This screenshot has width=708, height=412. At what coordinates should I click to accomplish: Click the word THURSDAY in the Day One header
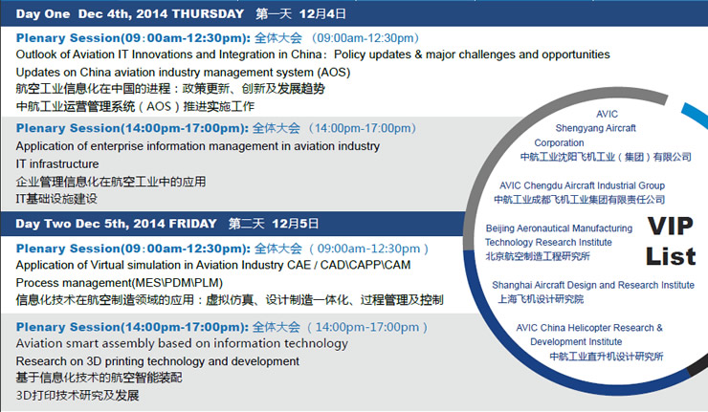[x=209, y=14]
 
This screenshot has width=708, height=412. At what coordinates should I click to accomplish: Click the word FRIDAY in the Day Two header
[x=193, y=224]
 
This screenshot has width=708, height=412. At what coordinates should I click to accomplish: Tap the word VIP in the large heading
[x=670, y=227]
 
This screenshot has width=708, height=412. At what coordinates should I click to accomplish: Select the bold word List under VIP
[x=671, y=256]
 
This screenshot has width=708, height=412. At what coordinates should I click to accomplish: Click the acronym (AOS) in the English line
[x=334, y=73]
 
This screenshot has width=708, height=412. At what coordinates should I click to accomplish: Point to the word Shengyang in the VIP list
[x=576, y=128]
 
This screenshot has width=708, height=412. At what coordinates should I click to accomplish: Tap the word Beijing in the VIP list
[x=499, y=228]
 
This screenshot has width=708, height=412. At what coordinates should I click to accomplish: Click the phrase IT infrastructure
[x=57, y=163]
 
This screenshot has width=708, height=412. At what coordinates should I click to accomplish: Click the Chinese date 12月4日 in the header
[x=322, y=14]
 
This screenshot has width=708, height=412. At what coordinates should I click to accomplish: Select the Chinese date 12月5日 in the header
[x=295, y=224]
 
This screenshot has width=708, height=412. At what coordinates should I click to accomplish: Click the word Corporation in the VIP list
[x=559, y=143]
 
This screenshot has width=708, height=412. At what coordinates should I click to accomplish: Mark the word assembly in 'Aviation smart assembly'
[x=142, y=344]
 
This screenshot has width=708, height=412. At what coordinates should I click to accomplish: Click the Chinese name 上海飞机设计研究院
[x=541, y=299]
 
